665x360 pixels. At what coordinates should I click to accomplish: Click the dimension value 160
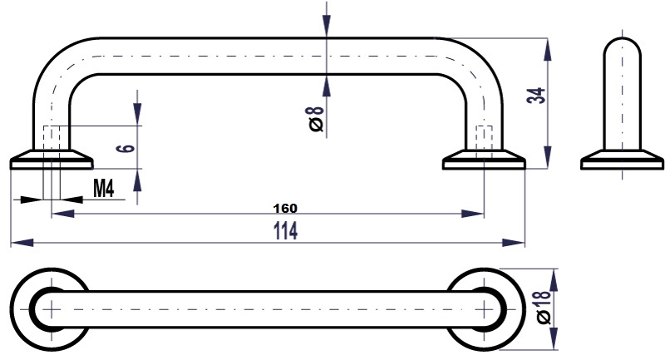(285, 208)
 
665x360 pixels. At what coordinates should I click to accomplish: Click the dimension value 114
(285, 230)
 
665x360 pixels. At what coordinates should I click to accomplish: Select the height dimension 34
(535, 96)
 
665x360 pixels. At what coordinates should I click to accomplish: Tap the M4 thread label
(103, 188)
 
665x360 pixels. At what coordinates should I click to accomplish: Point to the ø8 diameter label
(317, 119)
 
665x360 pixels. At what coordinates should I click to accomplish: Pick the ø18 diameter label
(544, 307)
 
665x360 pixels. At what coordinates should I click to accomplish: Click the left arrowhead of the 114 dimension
(22, 243)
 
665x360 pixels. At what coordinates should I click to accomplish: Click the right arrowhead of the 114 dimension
(513, 243)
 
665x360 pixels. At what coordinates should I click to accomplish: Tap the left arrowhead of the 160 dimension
(63, 214)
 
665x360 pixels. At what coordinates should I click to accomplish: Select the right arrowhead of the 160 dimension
(472, 214)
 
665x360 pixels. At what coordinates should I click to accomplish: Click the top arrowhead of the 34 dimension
(548, 50)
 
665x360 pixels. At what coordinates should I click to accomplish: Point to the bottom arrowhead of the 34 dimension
(548, 157)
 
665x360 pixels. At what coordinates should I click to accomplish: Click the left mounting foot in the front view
(52, 160)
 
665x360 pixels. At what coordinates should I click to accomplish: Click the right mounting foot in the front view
(484, 160)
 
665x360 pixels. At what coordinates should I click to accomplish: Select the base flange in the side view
(622, 160)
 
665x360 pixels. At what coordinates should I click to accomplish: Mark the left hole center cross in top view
(52, 309)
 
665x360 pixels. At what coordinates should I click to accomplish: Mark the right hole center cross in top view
(484, 309)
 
